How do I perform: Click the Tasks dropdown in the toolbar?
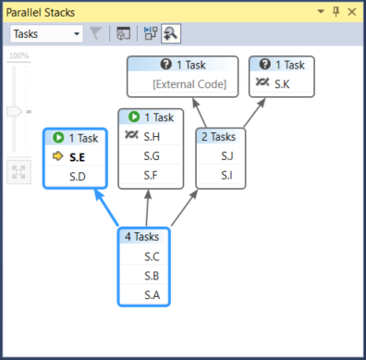tap(47, 33)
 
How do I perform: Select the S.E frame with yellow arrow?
tap(78, 157)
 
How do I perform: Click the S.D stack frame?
tap(78, 176)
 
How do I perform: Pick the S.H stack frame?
tap(152, 137)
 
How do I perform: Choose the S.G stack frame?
tap(152, 155)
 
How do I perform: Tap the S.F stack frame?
tap(152, 174)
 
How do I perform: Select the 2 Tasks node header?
tap(221, 136)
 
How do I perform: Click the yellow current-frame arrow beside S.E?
tap(55, 157)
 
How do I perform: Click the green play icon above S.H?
tap(135, 118)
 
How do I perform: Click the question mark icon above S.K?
tap(265, 65)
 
